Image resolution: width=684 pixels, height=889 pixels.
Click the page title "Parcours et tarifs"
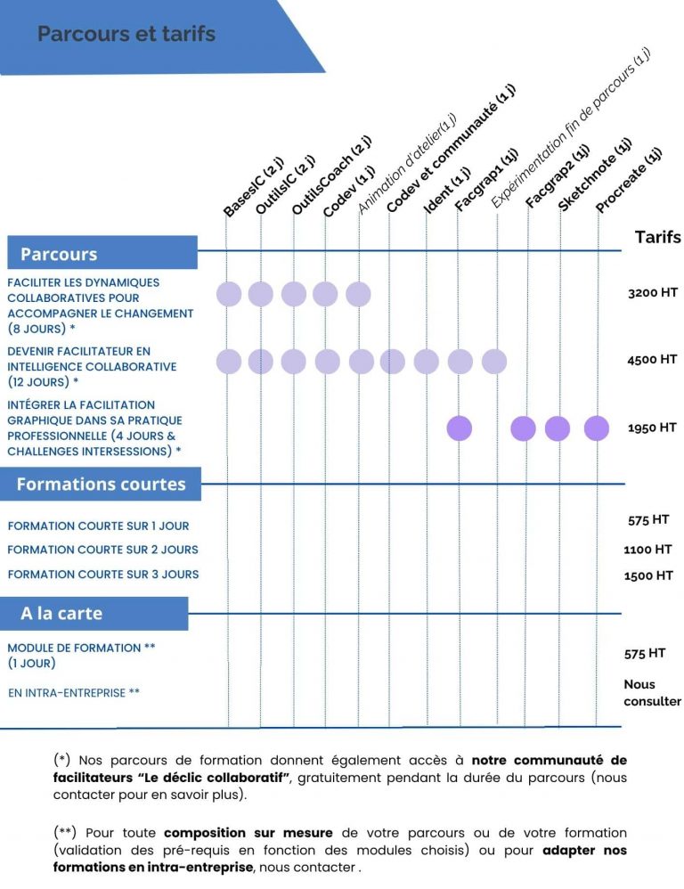pos(126,35)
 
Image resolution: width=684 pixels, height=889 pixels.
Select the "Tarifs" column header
pos(657,237)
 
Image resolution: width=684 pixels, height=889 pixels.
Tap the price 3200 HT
pos(653,292)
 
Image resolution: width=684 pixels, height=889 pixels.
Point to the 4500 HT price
pos(653,360)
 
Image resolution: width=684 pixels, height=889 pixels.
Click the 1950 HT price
pos(653,428)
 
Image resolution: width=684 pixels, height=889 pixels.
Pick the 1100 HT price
pos(648,550)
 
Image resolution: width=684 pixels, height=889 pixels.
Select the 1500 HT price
pos(648,575)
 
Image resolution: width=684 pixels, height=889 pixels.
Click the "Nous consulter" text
pos(652,692)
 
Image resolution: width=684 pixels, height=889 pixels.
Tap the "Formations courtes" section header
pos(101,485)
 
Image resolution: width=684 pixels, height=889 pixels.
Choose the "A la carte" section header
pos(61,614)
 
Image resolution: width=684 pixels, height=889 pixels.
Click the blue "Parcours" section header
pos(59,254)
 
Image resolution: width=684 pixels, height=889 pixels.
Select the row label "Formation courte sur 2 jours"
pos(102,550)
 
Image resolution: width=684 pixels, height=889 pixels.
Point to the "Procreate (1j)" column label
pos(629,181)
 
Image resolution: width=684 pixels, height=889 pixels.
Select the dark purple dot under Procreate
pos(597,428)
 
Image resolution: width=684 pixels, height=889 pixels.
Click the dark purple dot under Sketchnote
pos(558,428)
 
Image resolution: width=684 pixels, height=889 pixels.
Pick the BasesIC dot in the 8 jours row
pos(229,294)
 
